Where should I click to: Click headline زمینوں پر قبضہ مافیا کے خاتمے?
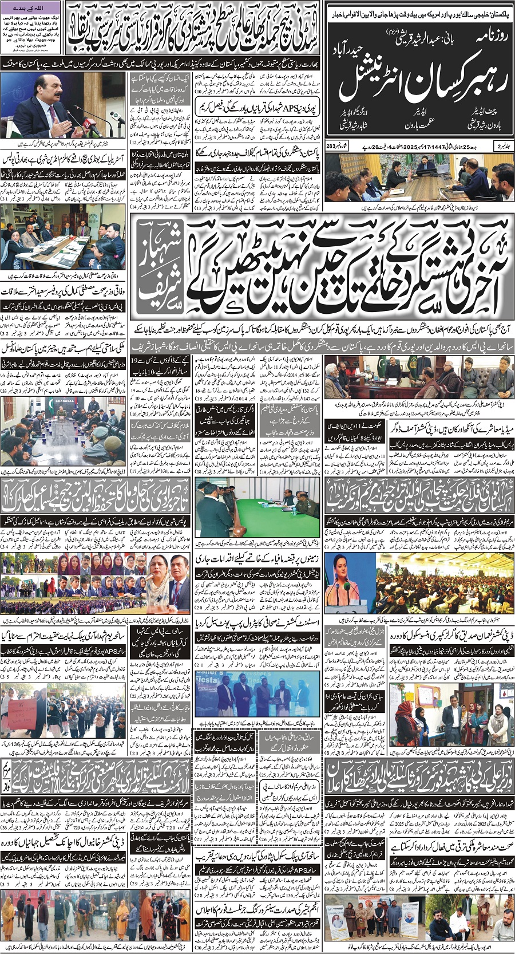click(x=260, y=557)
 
